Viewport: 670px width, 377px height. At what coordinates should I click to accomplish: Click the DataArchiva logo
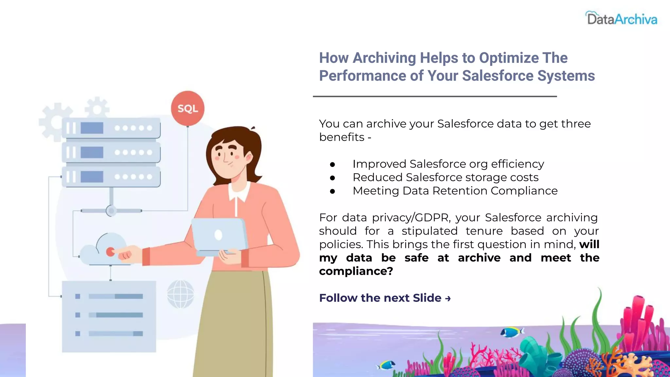[621, 19]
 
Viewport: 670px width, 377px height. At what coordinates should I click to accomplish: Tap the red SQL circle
[187, 108]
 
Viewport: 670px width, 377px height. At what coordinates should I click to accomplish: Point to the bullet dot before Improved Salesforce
[332, 164]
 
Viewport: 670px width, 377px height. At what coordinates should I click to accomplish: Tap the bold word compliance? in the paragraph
[356, 271]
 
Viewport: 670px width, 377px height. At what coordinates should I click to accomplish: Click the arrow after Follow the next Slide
[448, 298]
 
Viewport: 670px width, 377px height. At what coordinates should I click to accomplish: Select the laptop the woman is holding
[219, 236]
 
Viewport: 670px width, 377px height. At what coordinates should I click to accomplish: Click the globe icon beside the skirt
[180, 294]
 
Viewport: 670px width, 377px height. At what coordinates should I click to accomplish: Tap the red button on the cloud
[110, 252]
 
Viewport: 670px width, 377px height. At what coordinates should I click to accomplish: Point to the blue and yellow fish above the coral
[512, 332]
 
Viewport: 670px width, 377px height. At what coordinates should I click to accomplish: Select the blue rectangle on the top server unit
[92, 128]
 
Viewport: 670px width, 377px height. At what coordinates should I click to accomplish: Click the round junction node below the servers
[111, 211]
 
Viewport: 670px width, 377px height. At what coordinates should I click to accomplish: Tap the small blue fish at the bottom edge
[387, 364]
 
